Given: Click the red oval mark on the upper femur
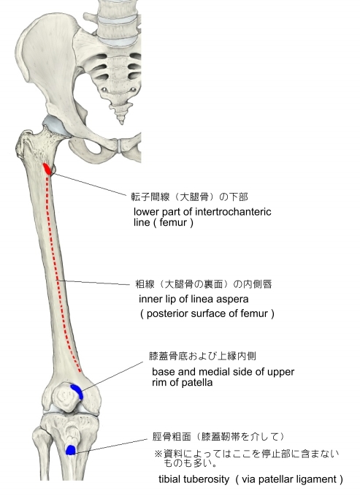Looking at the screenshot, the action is tap(47, 169).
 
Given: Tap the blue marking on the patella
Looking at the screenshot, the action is tap(77, 391).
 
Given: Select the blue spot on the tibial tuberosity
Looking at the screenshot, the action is tap(70, 450).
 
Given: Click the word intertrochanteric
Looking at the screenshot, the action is tap(233, 212).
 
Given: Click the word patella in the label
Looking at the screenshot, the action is tap(198, 382).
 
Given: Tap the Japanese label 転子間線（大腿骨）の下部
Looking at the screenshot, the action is tap(190, 197).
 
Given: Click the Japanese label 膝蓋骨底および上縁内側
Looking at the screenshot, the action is tap(202, 356).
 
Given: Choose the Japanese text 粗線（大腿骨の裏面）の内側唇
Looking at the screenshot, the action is tap(204, 284).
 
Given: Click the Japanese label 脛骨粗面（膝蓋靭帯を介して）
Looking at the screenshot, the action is tap(218, 437).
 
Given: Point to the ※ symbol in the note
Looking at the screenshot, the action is tap(158, 454).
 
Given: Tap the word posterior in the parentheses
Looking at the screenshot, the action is tap(165, 313).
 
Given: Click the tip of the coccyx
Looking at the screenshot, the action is tap(120, 122).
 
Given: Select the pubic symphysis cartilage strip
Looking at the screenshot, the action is tap(120, 145).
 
